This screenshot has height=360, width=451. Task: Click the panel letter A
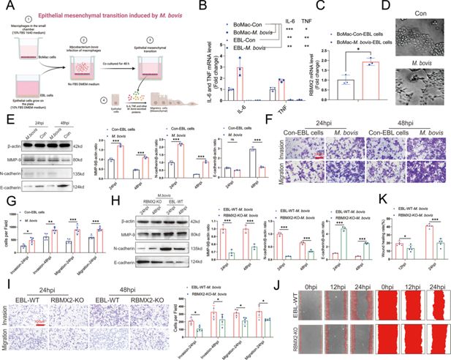click(6, 6)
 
